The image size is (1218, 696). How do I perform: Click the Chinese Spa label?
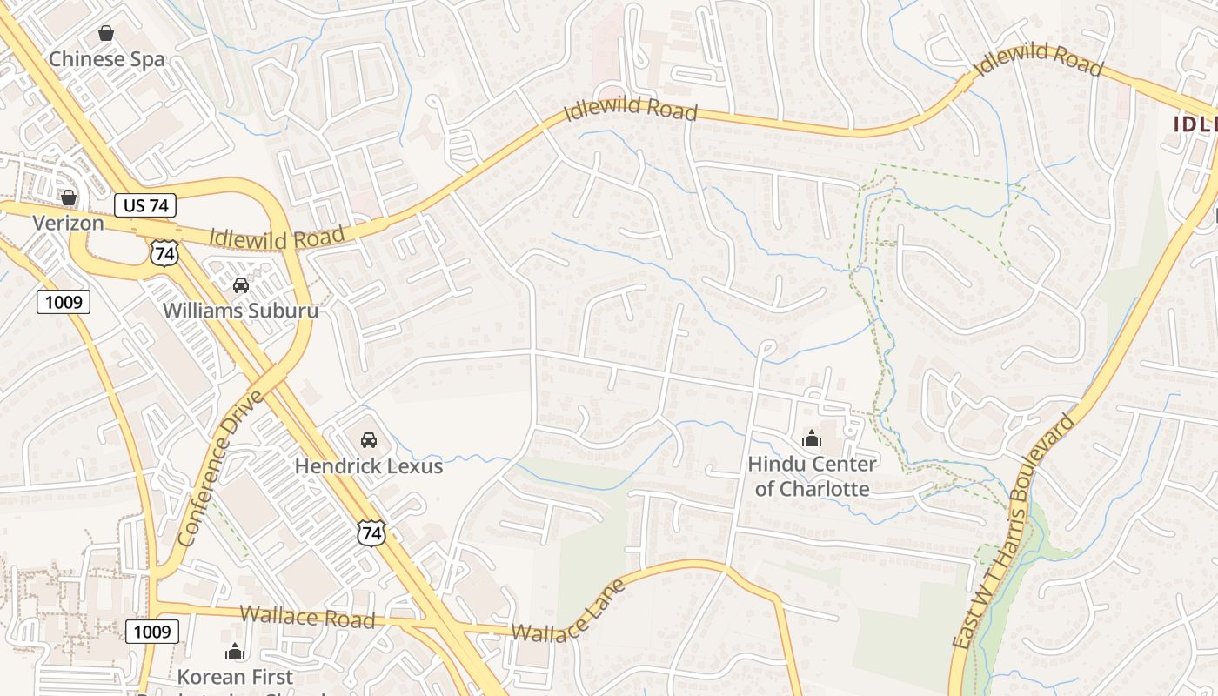click(x=106, y=59)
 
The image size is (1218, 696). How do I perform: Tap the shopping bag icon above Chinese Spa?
click(x=106, y=34)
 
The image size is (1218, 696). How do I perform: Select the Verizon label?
click(x=69, y=223)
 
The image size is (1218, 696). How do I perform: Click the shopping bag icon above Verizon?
click(x=69, y=198)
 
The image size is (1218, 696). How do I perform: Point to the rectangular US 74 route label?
click(x=145, y=205)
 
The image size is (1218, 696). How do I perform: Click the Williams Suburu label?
click(x=240, y=310)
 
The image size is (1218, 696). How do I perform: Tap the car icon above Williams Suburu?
click(x=240, y=284)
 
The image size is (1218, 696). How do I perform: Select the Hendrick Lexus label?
click(x=368, y=465)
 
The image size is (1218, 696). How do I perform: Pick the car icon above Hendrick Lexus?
click(x=368, y=440)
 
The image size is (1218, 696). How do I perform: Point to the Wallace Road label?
click(x=307, y=617)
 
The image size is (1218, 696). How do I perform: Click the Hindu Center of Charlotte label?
click(x=812, y=476)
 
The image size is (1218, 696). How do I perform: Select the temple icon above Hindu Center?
click(x=812, y=438)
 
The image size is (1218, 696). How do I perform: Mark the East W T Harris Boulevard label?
click(x=1014, y=531)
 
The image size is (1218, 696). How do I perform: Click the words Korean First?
click(x=235, y=676)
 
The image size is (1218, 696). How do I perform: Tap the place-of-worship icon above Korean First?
click(x=235, y=651)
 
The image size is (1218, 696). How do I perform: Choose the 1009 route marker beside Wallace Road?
click(x=152, y=631)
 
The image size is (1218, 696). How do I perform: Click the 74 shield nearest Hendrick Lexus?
click(x=371, y=532)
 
